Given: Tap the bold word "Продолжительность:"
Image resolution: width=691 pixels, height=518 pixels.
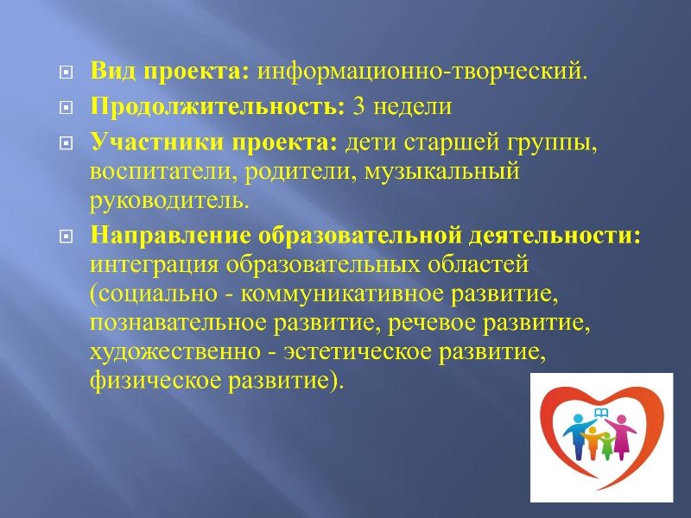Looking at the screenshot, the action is click(x=218, y=106).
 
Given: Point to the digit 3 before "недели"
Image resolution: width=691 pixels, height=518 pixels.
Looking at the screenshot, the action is click(x=358, y=106).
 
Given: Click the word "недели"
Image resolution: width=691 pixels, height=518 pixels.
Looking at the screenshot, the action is click(x=413, y=107).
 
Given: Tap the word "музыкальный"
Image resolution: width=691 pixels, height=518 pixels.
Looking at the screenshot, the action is click(x=442, y=172).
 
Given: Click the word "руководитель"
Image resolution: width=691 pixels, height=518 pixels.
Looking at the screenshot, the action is click(x=167, y=201).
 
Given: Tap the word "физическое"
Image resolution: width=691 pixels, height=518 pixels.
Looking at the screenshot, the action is click(x=155, y=381).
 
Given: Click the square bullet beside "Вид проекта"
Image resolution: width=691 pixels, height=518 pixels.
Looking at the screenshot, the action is click(x=66, y=72).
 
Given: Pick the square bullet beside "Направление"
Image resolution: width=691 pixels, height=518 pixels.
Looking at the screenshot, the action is click(x=66, y=237).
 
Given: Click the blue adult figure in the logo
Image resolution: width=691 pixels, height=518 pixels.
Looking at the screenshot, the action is click(x=578, y=435).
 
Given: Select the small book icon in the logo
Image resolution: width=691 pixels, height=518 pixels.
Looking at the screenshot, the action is click(x=601, y=413).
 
